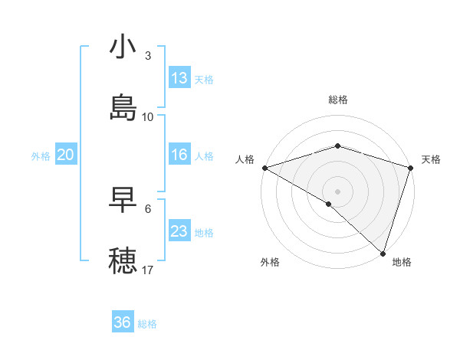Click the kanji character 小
point(123,47)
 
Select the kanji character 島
point(123,108)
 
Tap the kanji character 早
point(123,200)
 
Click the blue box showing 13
point(179,78)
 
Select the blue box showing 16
point(179,155)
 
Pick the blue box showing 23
point(179,231)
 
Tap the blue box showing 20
point(65,155)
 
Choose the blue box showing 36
point(123,322)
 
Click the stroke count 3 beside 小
point(148,56)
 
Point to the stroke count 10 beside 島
point(148,117)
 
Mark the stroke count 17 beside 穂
point(148,270)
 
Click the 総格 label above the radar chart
point(338,100)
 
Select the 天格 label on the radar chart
point(431,159)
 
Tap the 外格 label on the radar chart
point(270,262)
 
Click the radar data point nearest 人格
point(264,168)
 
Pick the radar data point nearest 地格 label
point(383,253)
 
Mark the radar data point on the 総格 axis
point(338,146)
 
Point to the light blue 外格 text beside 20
point(41,156)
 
